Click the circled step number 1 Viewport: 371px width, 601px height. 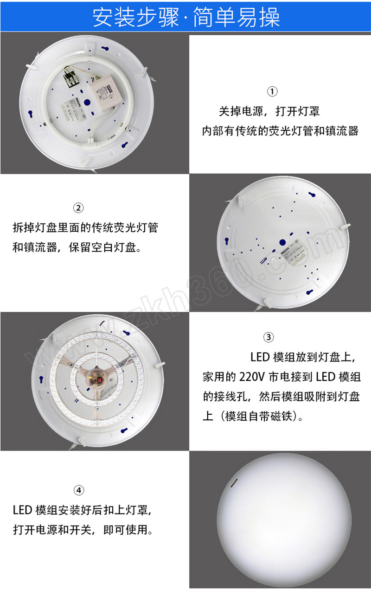pos(272,91)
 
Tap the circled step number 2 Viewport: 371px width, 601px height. pos(78,208)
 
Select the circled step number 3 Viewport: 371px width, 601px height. pos(269,337)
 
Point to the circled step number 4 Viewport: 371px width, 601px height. pos(79,490)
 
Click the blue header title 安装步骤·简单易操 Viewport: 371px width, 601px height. pos(186,17)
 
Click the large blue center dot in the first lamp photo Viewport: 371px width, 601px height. pos(87,102)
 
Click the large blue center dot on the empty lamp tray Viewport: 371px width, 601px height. pos(282,242)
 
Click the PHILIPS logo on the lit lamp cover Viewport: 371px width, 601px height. pos(234,483)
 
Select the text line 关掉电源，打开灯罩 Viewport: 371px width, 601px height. pos(269,111)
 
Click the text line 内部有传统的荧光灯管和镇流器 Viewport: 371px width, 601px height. pos(280,131)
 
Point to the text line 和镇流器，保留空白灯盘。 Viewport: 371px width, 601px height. pos(77,247)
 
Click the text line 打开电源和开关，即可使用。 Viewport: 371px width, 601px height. pos(83,530)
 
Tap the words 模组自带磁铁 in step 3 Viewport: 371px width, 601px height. pos(258,416)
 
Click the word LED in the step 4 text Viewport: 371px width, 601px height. pos(23,510)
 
